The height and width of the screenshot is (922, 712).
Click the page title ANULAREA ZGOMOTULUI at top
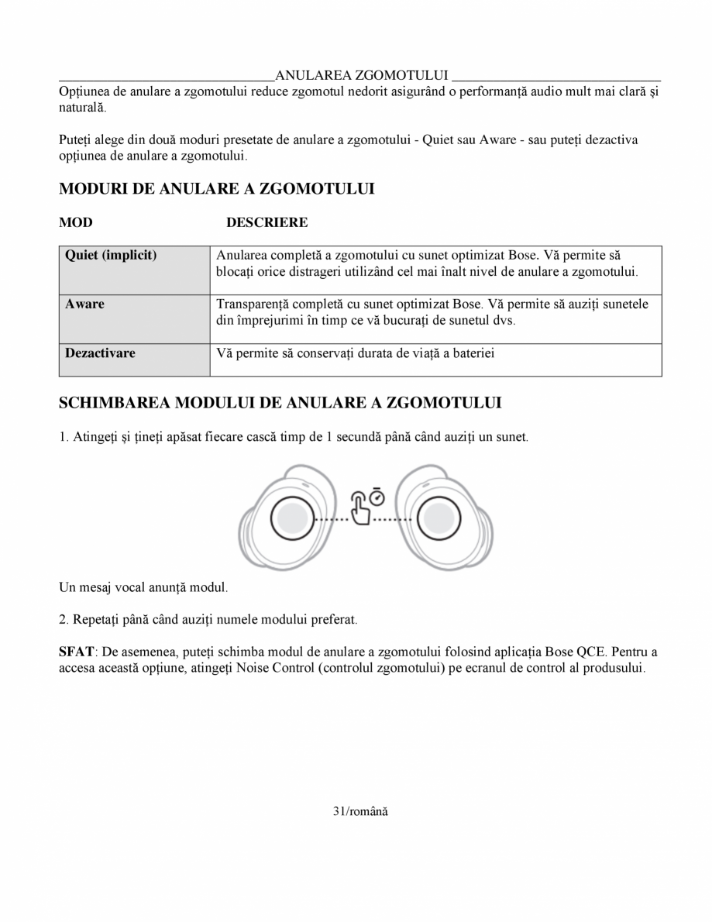tap(362, 75)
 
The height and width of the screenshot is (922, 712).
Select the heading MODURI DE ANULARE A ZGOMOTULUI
tap(217, 189)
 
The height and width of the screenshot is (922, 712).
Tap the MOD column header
tap(76, 223)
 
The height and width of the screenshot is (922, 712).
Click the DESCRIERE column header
tap(267, 223)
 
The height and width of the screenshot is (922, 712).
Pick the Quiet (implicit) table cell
tap(111, 255)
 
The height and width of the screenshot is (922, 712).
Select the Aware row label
tap(84, 304)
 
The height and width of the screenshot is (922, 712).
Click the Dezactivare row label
tap(100, 353)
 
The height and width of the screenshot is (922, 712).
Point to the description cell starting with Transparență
tap(432, 311)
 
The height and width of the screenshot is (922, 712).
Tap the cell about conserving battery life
tap(356, 353)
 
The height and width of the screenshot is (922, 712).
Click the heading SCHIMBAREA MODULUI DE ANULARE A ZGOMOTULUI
tap(280, 403)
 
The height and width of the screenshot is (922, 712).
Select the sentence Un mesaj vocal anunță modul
tap(143, 587)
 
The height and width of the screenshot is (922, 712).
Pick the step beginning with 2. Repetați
tap(208, 620)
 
